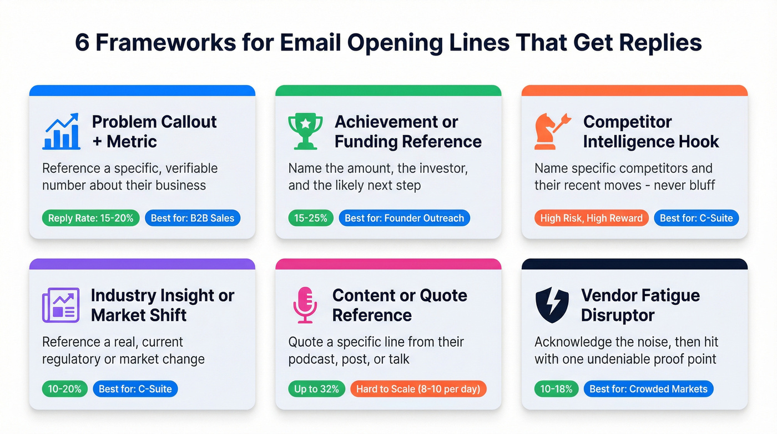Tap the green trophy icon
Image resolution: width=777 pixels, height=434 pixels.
(x=305, y=132)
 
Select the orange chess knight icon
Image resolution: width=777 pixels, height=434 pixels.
(x=552, y=132)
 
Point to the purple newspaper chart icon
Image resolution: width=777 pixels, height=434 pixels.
(x=60, y=305)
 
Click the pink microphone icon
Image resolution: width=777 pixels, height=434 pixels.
(x=305, y=305)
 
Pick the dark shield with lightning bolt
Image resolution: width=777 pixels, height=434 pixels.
(x=552, y=305)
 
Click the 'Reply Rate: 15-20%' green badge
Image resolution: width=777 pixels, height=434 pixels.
(x=91, y=218)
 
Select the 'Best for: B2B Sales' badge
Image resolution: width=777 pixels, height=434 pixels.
(x=193, y=218)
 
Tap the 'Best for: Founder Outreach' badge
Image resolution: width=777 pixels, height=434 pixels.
(x=404, y=218)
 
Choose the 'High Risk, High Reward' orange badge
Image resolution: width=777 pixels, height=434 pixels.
(x=591, y=218)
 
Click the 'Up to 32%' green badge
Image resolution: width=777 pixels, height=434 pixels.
(x=316, y=389)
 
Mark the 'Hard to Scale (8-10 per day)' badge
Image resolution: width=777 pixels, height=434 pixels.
(x=418, y=389)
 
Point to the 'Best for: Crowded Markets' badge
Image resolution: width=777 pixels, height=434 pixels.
(x=648, y=389)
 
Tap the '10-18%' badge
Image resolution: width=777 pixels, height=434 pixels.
(x=556, y=389)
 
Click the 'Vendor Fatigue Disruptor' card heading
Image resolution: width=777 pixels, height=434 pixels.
(x=640, y=305)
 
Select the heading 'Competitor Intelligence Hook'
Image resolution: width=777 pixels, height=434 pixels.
(x=650, y=132)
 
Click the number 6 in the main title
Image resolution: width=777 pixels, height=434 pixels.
(x=82, y=43)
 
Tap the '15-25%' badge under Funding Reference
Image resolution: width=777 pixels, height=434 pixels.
(x=311, y=218)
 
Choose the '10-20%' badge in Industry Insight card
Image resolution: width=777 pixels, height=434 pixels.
(x=64, y=389)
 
